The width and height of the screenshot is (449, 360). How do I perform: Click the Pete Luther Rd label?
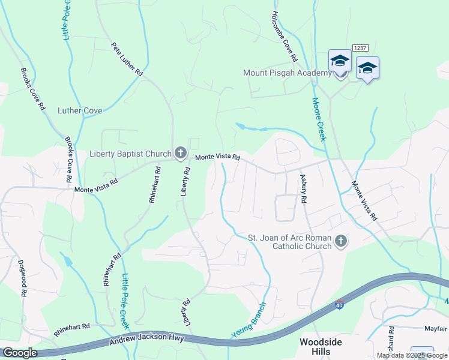[x=127, y=59]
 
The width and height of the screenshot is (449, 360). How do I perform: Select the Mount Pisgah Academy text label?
[x=287, y=73]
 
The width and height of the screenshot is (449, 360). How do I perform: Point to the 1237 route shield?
[x=360, y=47]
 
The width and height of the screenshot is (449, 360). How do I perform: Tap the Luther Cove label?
[x=80, y=110]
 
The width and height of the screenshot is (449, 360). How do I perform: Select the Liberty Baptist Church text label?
[x=130, y=154]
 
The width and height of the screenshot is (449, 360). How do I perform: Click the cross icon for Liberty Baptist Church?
[x=179, y=153]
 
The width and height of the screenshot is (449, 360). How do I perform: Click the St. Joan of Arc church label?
[x=290, y=242]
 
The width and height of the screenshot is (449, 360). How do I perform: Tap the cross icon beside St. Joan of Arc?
[x=340, y=242]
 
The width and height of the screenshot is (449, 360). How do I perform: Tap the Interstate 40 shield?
[x=340, y=307]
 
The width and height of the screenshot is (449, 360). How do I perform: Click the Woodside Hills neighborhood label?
[x=321, y=346]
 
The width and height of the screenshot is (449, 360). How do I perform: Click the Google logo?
[x=19, y=353]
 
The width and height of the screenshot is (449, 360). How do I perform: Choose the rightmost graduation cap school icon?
[x=367, y=67]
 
